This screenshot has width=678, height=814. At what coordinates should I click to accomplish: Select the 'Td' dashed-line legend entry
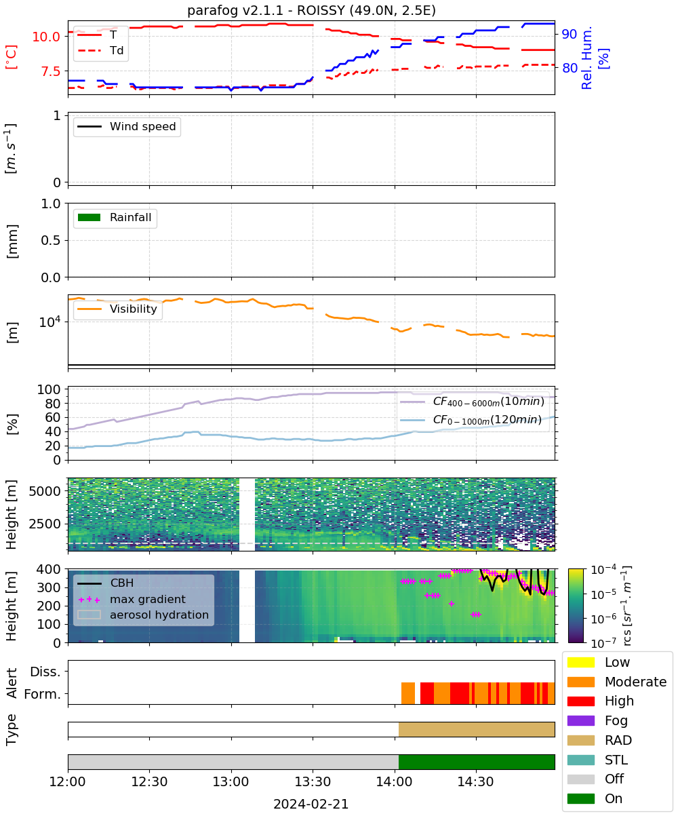[100, 50]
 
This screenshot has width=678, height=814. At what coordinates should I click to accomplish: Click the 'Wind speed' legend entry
[127, 126]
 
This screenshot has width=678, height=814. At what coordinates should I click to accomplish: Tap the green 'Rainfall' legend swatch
[89, 217]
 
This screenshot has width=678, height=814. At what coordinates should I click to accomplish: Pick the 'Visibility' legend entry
[117, 309]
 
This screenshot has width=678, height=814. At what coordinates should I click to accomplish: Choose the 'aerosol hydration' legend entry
[143, 615]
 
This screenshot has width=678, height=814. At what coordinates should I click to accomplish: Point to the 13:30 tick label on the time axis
[313, 781]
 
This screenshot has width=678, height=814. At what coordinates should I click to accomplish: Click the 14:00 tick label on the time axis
[395, 781]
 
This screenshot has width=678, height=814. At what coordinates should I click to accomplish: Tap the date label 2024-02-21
[311, 804]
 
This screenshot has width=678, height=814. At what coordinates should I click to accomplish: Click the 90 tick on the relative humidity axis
[569, 34]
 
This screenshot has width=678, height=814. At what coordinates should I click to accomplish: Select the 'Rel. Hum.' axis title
[587, 58]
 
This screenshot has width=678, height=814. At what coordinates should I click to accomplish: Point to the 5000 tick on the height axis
[45, 491]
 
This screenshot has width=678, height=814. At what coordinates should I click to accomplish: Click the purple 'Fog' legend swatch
[580, 720]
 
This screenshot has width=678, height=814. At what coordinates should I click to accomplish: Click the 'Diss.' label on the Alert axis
[45, 672]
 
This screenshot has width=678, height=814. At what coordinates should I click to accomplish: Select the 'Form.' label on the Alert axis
[43, 694]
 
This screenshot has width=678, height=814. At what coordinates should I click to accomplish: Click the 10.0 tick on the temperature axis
[46, 37]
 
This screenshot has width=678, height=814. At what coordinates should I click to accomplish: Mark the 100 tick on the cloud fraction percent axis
[49, 389]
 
